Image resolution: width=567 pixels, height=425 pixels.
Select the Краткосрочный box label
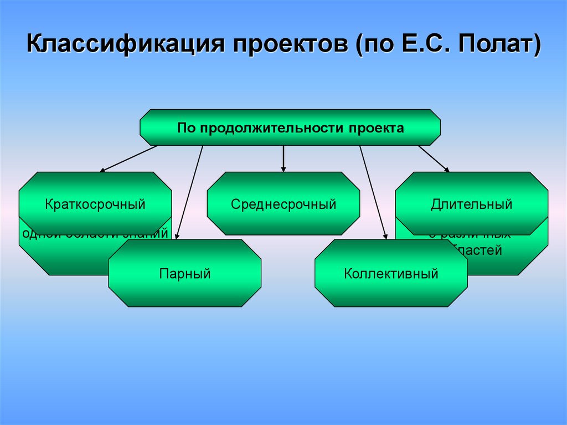(x=95, y=204)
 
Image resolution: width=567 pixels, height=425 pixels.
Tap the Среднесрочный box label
(x=283, y=204)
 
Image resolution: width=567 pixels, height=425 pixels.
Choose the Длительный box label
(x=471, y=204)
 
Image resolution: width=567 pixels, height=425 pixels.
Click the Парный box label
(x=185, y=273)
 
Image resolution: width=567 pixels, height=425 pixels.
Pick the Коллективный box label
(x=391, y=273)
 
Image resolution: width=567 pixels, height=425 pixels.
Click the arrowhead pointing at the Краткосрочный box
(x=103, y=170)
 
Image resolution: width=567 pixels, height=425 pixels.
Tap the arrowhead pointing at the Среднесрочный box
(x=283, y=168)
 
